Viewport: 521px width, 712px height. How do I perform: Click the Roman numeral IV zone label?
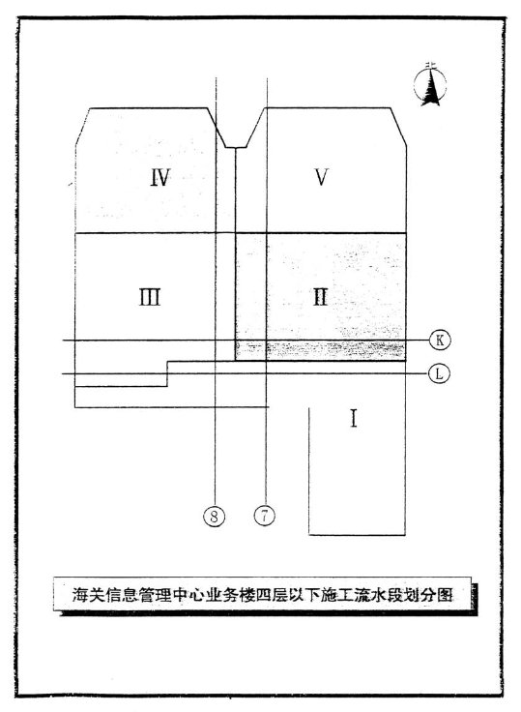pyautogui.click(x=160, y=177)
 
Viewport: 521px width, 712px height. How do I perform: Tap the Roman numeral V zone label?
pyautogui.click(x=321, y=177)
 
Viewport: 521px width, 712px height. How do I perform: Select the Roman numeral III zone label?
pyautogui.click(x=149, y=298)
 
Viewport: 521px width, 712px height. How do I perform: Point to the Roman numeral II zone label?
pyautogui.click(x=320, y=298)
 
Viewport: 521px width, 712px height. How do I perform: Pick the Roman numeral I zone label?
pyautogui.click(x=354, y=418)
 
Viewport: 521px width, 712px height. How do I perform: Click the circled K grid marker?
pyautogui.click(x=440, y=340)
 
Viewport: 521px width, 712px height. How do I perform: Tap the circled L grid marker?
pyautogui.click(x=439, y=373)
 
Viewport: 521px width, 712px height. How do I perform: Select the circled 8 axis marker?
pyautogui.click(x=215, y=516)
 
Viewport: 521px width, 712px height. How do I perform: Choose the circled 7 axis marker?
pyautogui.click(x=265, y=516)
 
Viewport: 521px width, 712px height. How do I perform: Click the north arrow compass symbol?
pyautogui.click(x=430, y=85)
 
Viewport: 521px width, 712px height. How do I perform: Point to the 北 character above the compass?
pyautogui.click(x=430, y=67)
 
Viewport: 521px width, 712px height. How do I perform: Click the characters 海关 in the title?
pyautogui.click(x=89, y=594)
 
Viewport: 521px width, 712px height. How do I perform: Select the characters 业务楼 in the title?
pyautogui.click(x=232, y=594)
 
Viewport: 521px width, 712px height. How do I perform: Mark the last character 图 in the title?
pyautogui.click(x=445, y=594)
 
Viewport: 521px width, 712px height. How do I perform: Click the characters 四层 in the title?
pyautogui.click(x=273, y=594)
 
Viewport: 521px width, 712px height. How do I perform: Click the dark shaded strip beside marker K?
pyautogui.click(x=320, y=350)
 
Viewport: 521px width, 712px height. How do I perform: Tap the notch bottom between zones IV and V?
pyautogui.click(x=236, y=148)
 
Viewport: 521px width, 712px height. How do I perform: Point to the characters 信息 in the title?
pyautogui.click(x=121, y=594)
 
